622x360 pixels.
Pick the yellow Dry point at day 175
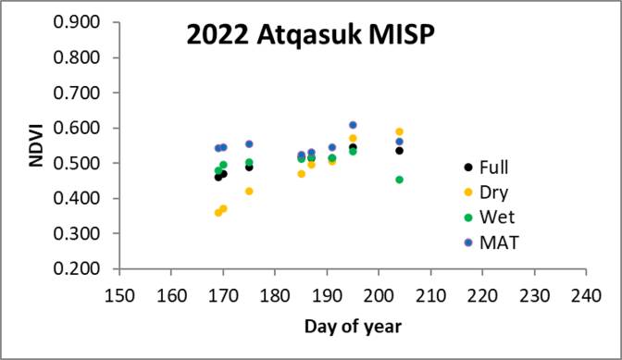coord(249,191)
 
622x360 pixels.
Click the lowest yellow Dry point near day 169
coord(218,212)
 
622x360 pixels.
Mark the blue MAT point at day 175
coord(249,143)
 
